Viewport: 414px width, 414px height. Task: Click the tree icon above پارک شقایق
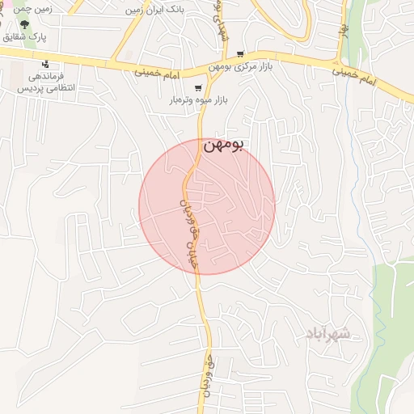[x=35, y=23]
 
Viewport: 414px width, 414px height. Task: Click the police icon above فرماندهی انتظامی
[x=46, y=63]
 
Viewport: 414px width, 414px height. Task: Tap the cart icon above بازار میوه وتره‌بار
[x=198, y=87]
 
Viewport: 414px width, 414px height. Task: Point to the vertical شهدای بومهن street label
[x=222, y=24]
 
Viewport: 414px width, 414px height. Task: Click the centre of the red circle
[x=207, y=206]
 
